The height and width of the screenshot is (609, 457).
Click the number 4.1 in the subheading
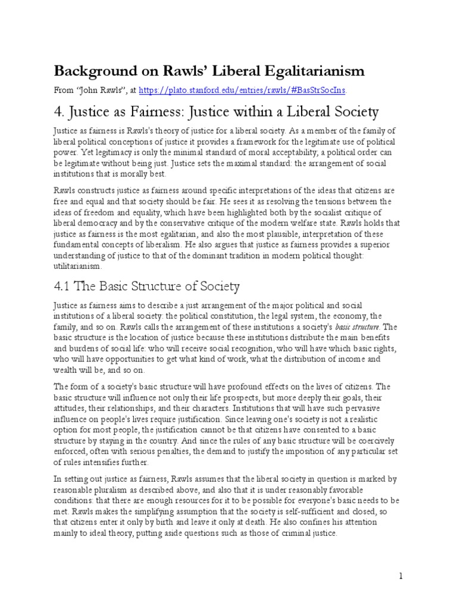click(64, 286)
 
